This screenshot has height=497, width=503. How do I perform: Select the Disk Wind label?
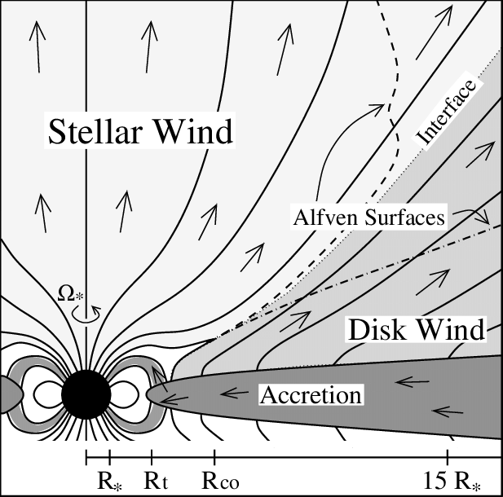(417, 329)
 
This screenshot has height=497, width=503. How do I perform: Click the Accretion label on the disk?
(311, 396)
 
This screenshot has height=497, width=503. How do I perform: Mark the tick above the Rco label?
(214, 455)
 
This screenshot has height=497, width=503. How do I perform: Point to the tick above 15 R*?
(448, 455)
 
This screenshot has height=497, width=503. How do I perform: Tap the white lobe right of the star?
(128, 395)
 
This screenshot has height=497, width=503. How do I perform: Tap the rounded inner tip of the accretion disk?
(152, 394)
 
